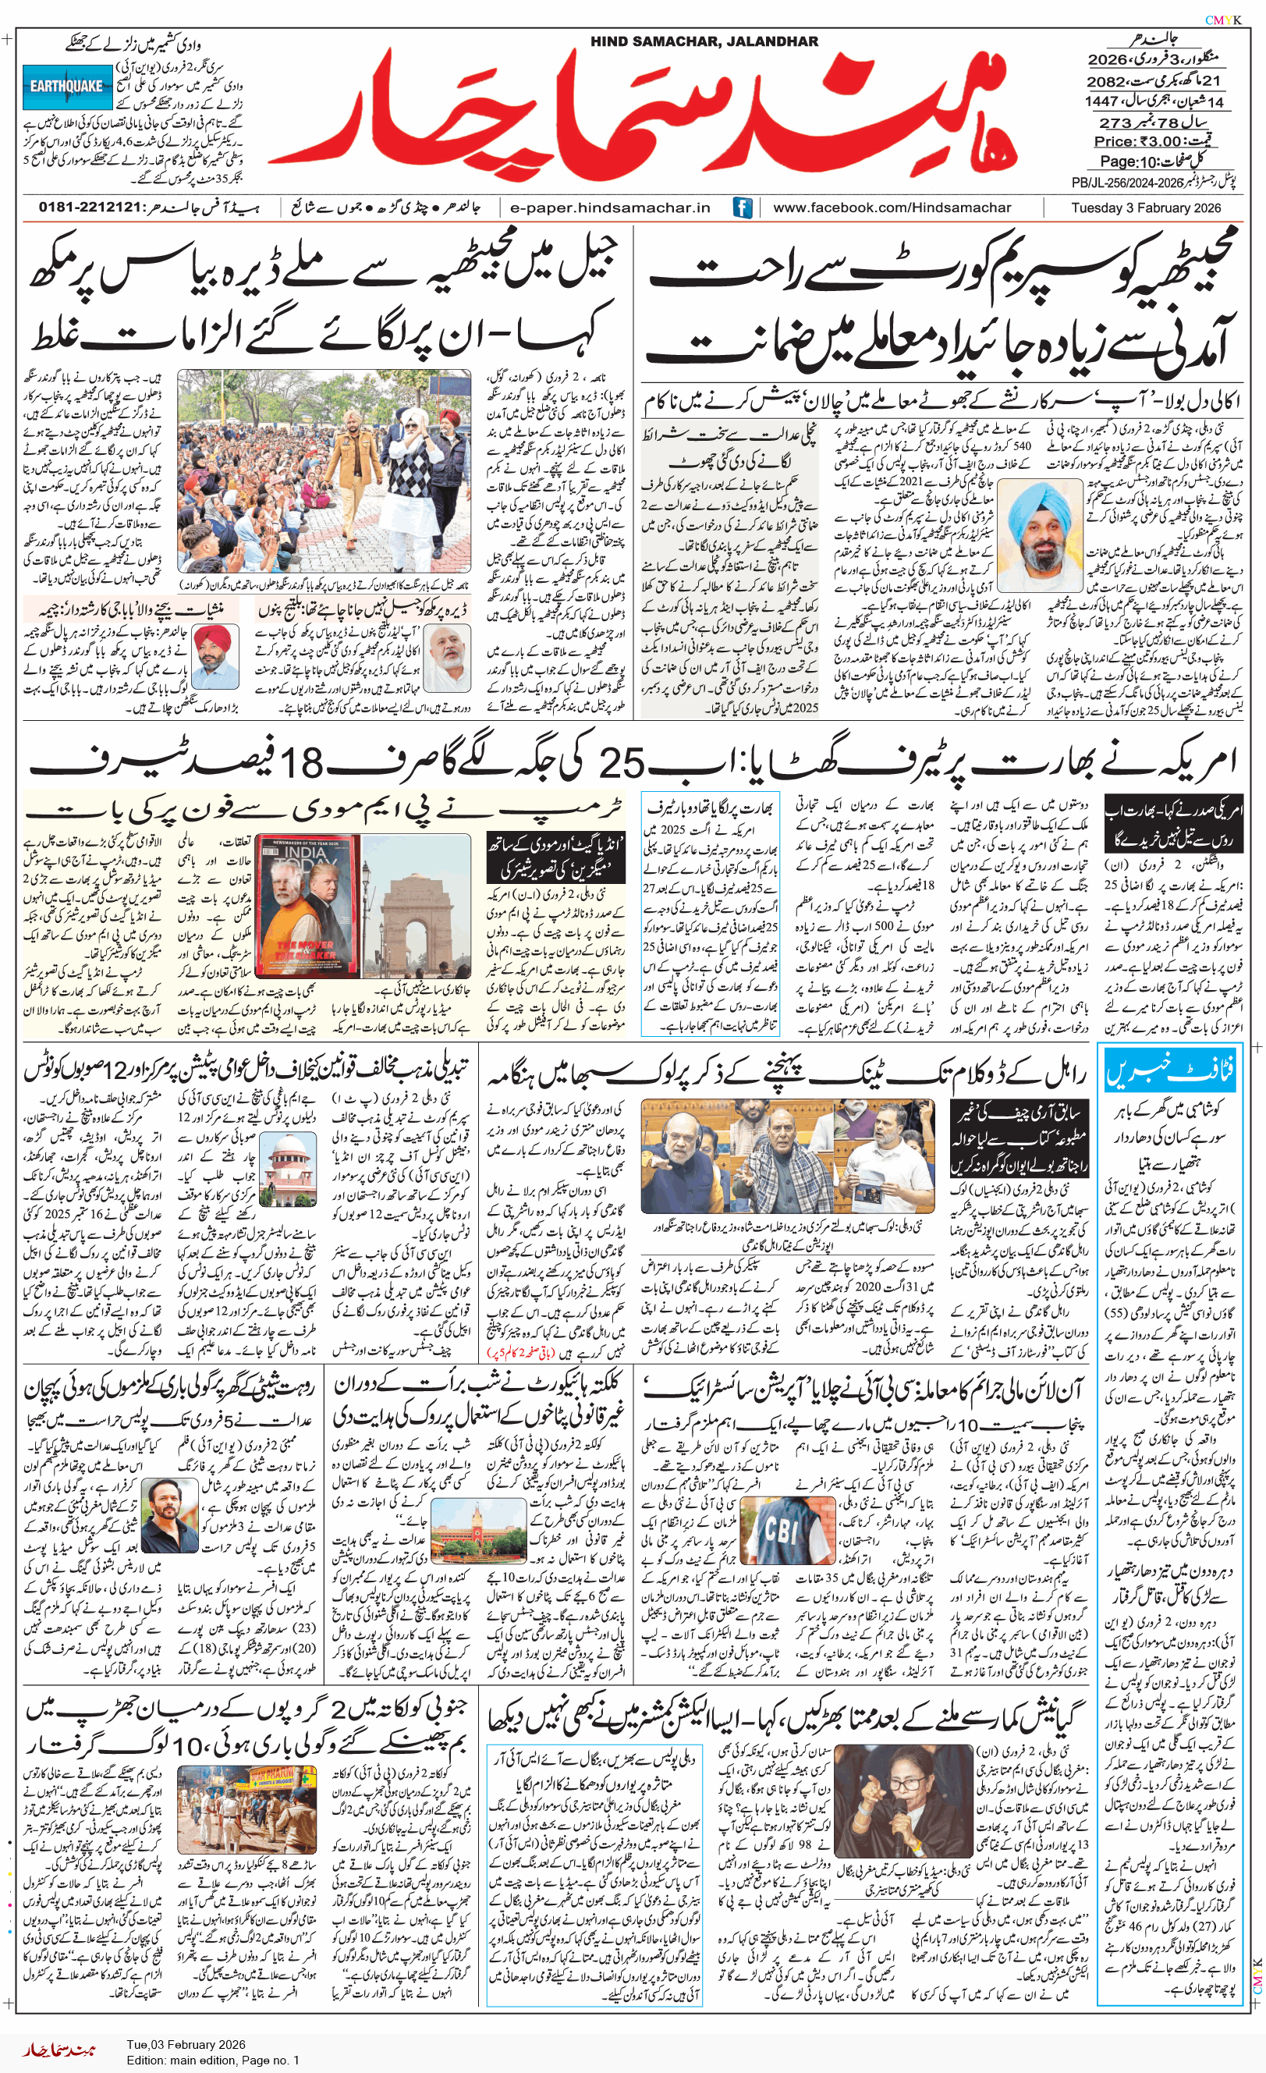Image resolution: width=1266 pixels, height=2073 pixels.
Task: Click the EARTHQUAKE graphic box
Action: pos(67,87)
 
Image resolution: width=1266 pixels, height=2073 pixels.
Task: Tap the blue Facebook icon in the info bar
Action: pos(742,208)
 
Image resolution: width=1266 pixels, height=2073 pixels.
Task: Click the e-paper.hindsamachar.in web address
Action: pos(610,208)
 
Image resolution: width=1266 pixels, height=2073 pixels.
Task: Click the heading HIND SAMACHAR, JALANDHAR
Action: pos(704,41)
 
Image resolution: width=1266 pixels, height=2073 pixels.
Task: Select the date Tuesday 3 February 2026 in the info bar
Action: pos(1146,208)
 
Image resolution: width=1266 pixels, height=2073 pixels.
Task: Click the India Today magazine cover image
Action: pos(307,906)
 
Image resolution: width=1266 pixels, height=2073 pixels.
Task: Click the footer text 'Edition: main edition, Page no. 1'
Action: pos(213,2060)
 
